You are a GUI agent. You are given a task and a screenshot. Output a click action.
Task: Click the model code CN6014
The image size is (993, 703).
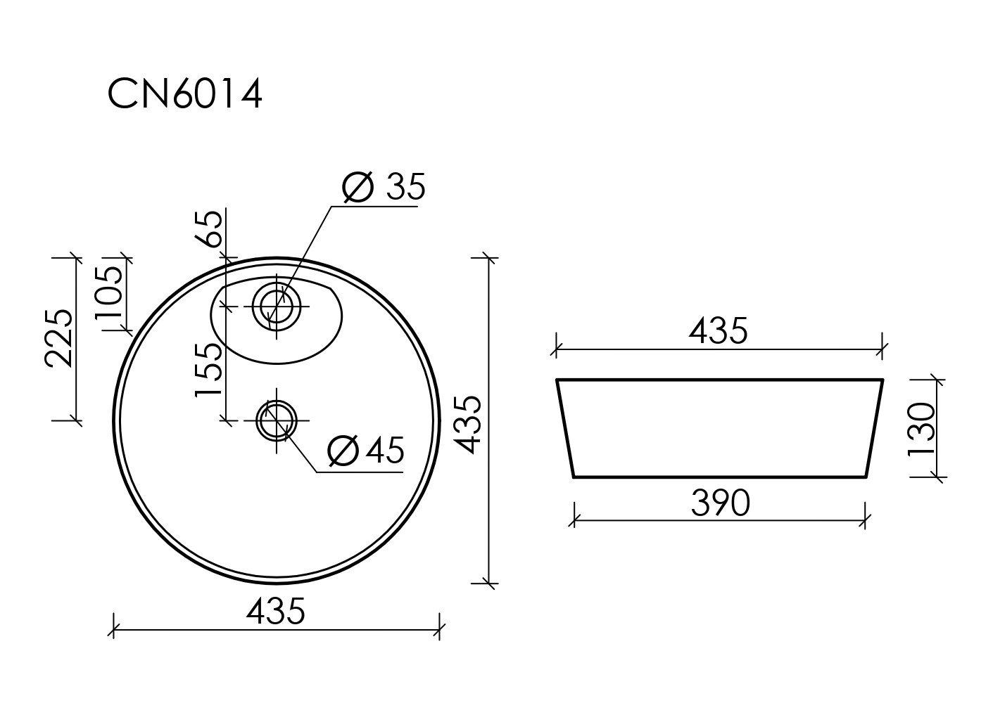185,94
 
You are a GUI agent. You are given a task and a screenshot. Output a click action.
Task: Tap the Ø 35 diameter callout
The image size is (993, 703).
384,186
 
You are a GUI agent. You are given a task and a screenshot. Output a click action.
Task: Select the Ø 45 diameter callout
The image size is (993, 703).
366,450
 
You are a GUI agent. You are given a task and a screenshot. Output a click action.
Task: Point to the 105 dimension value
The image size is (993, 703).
108,293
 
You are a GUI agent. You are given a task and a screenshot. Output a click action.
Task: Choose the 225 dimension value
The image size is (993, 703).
58,338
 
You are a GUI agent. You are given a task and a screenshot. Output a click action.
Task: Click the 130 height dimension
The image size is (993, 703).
921,429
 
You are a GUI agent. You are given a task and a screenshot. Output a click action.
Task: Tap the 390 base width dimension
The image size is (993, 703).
721,503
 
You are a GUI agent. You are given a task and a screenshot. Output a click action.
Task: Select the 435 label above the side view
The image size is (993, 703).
718,330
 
